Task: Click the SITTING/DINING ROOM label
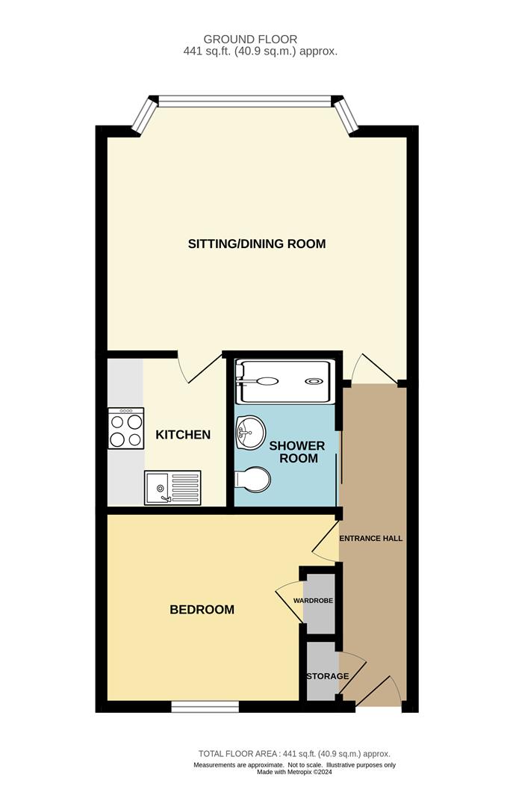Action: point(257,244)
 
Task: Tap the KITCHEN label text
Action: point(183,435)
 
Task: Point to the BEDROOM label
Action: point(202,610)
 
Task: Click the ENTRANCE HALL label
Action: point(371,538)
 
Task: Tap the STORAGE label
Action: point(328,676)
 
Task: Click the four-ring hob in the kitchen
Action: point(125,428)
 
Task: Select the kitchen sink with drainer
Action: point(173,487)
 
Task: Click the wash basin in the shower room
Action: point(249,430)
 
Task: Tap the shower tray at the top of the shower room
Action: point(283,382)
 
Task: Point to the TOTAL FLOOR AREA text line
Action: point(294,754)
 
